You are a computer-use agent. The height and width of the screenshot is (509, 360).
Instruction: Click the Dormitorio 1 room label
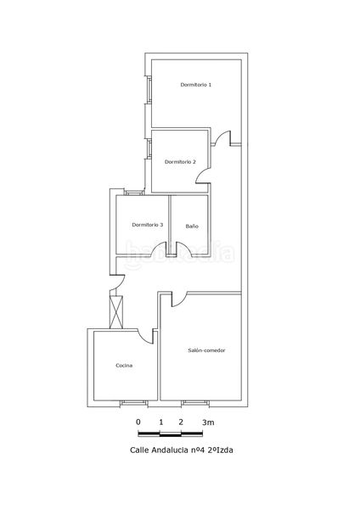(196, 85)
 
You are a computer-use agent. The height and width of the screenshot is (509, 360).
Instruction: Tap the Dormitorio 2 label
(180, 162)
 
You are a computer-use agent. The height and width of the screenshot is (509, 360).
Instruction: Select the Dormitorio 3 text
(148, 225)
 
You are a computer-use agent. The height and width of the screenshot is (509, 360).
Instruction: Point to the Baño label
(192, 227)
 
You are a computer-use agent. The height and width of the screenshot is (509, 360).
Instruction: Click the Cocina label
(124, 366)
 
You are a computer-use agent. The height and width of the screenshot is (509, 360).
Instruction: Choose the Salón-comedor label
(206, 350)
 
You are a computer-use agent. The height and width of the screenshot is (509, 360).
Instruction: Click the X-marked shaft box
(116, 312)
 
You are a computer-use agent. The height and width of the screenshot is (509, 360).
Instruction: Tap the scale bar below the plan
(171, 433)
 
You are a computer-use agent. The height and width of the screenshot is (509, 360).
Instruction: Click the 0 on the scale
(138, 422)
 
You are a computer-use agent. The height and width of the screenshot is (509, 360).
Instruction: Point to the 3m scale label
(208, 422)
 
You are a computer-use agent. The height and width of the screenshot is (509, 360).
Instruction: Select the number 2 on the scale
(181, 422)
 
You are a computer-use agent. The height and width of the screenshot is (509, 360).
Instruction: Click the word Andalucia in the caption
(170, 450)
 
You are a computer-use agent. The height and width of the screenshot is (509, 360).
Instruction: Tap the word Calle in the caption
(140, 450)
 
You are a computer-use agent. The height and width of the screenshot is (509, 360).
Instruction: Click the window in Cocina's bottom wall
(134, 403)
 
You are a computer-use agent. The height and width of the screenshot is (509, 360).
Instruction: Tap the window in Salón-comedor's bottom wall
(195, 403)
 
